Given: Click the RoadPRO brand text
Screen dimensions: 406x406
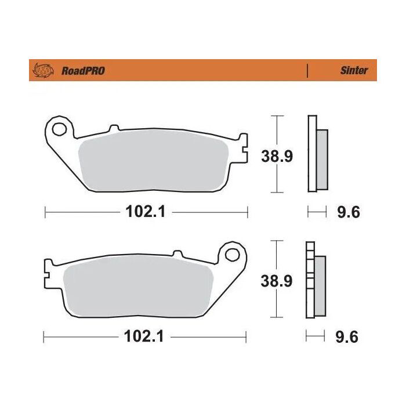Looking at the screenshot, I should (x=83, y=71).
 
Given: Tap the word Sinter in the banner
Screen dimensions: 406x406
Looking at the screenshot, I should (x=353, y=70).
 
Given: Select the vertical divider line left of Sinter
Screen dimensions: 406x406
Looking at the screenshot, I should (x=307, y=71).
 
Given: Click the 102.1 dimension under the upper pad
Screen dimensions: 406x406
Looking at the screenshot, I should (x=146, y=212).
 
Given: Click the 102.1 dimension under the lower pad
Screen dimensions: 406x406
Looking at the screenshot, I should (x=145, y=337).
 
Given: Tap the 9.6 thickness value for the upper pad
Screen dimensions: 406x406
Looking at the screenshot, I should (x=349, y=212).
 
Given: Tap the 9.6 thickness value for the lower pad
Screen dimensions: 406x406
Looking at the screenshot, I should (x=348, y=337).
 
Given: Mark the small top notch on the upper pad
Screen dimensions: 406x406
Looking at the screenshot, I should (x=113, y=126).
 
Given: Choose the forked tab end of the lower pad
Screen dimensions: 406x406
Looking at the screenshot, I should (x=48, y=268).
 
